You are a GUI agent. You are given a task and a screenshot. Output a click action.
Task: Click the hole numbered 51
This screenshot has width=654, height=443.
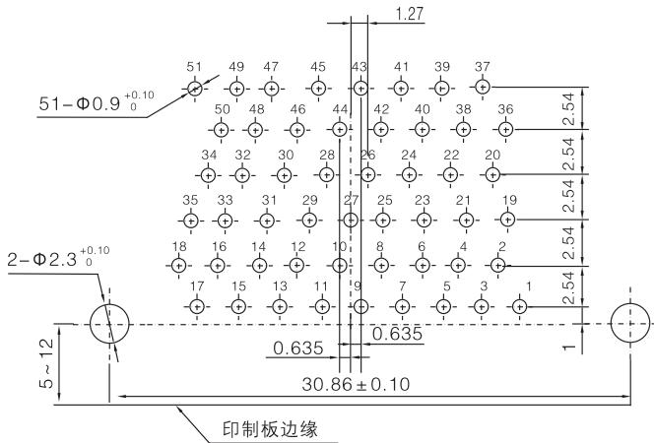click(194, 88)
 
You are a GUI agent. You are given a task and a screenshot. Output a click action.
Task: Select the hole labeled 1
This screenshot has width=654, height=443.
click(521, 306)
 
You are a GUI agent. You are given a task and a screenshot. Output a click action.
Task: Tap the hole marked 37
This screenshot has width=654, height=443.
click(482, 88)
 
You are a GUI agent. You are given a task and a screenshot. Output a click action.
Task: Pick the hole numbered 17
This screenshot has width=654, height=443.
click(197, 306)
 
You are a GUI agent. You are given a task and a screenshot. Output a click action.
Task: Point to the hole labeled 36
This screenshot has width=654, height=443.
click(505, 129)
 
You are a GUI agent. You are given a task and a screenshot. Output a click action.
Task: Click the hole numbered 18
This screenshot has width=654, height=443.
click(178, 265)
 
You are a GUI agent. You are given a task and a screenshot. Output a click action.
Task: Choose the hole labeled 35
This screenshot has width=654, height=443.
click(190, 220)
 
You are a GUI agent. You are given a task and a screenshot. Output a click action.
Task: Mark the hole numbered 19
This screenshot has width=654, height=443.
click(508, 219)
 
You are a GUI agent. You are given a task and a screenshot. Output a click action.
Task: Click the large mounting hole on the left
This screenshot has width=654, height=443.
click(108, 324)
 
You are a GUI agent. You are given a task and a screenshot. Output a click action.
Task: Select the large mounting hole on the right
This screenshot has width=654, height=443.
click(630, 324)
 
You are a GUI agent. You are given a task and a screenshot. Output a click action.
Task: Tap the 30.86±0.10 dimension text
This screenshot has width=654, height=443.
click(356, 382)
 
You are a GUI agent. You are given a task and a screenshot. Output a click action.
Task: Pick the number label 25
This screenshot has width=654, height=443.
click(385, 201)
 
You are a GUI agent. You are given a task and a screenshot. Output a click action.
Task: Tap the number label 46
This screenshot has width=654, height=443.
click(297, 109)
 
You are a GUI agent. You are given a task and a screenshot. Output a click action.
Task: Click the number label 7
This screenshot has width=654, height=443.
click(402, 286)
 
